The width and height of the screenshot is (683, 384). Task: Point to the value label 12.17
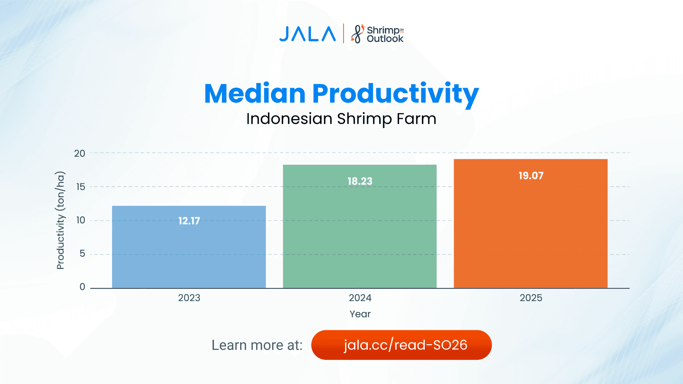(x=189, y=221)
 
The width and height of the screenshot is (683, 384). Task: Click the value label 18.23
(x=360, y=181)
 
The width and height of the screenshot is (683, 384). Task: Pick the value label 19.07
(x=531, y=176)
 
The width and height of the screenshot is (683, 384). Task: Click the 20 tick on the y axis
(x=80, y=154)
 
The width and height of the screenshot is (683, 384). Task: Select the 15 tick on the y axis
(x=81, y=187)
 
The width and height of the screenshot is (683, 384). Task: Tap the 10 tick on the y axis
(x=81, y=220)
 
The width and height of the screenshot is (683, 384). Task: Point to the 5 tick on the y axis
(x=82, y=254)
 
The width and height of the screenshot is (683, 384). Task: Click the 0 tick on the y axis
(x=82, y=287)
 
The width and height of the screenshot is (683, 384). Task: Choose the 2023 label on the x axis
(x=189, y=298)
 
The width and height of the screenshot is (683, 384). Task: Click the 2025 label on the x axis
(x=531, y=298)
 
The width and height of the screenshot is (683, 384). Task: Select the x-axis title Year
(x=360, y=314)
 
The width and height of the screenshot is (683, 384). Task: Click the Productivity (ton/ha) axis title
(x=60, y=220)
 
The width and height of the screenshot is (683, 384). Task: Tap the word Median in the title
(x=255, y=94)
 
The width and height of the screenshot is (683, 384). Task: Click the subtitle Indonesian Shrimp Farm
(x=341, y=119)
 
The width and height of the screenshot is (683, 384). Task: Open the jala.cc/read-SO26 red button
(x=401, y=345)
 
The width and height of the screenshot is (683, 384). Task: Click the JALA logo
(x=307, y=34)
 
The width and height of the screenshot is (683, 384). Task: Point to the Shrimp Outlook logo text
(x=384, y=34)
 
